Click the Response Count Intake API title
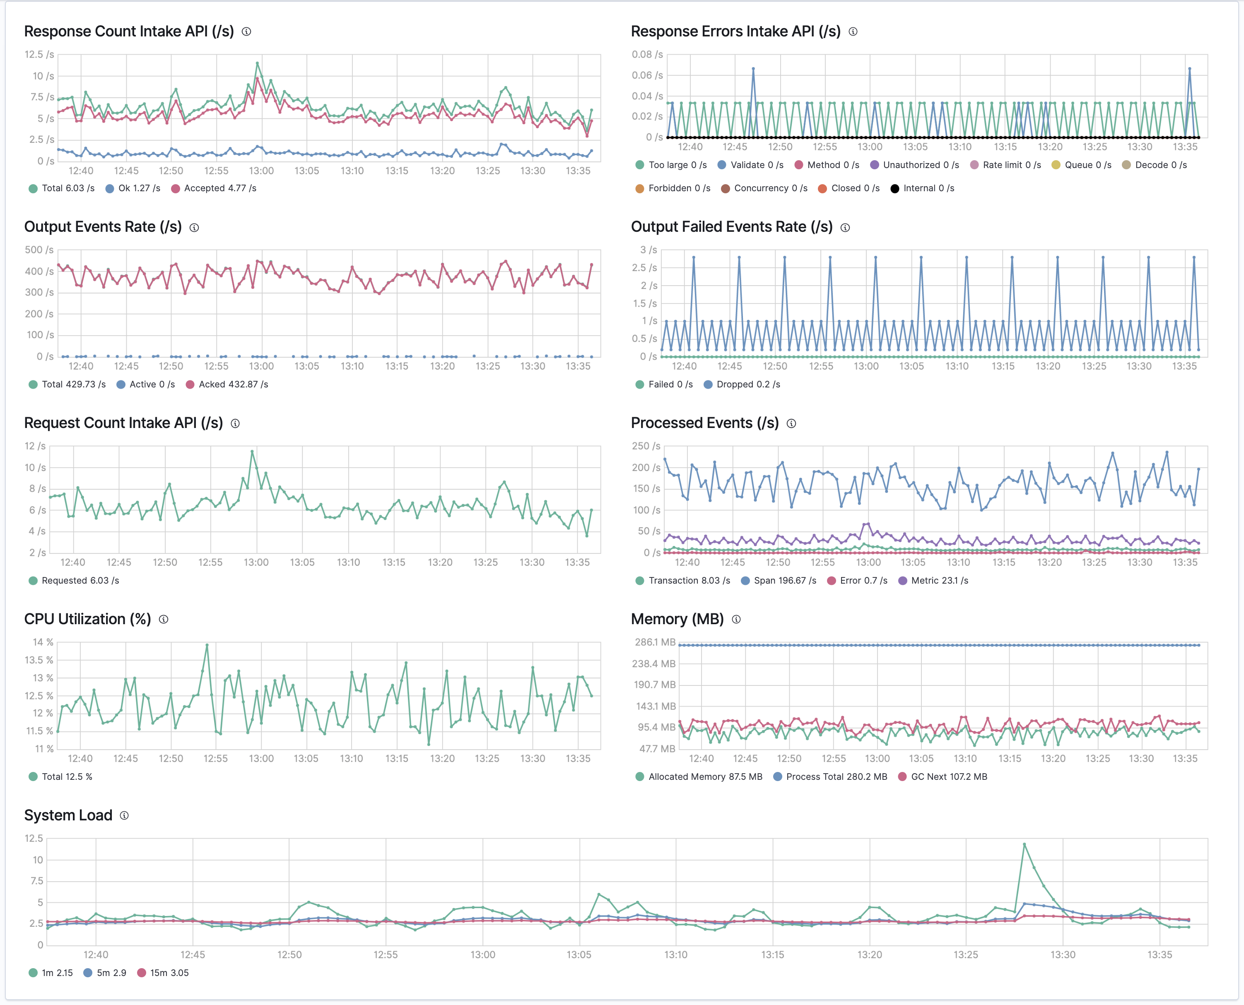pos(128,31)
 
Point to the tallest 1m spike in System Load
pos(1024,845)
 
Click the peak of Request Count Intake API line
pos(252,452)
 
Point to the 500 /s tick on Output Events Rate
pos(39,250)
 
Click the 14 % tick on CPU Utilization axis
pos(43,642)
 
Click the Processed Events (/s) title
pos(704,423)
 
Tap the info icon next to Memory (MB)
pos(736,620)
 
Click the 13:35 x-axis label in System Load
pos(1160,955)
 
